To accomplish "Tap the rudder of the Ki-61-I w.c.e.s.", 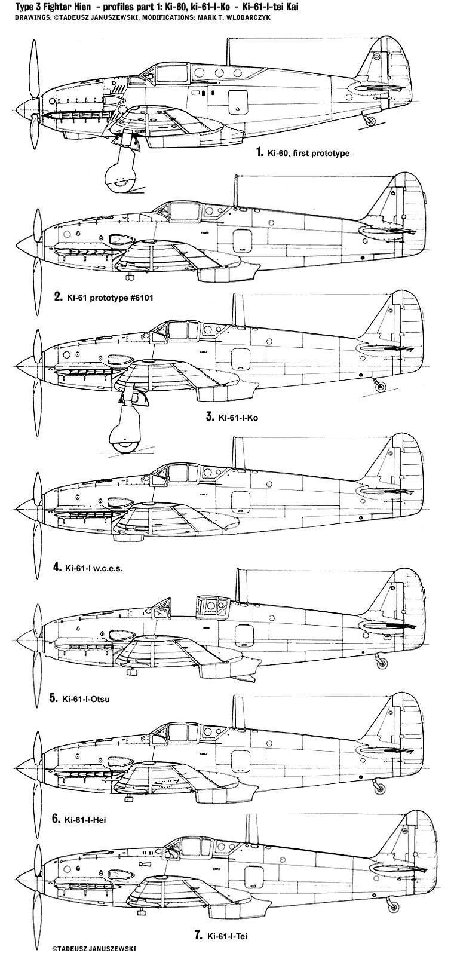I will (412, 483).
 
